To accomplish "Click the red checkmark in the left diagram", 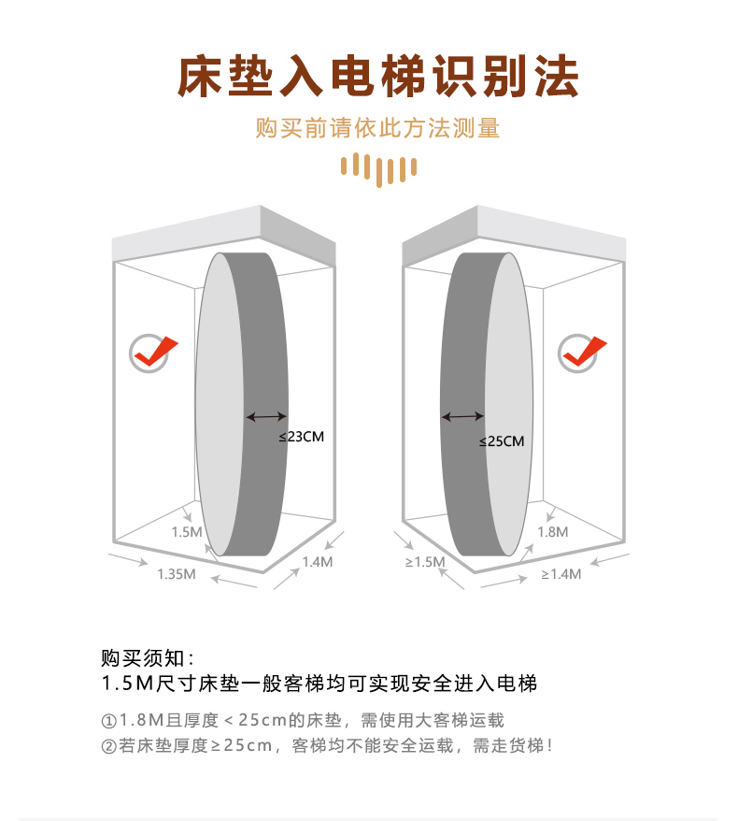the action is click(153, 353).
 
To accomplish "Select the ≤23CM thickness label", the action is click(301, 436).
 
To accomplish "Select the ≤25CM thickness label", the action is click(502, 440).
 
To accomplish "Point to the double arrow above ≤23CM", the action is click(266, 416).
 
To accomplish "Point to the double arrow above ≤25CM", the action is click(462, 416).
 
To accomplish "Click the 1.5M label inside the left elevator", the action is click(187, 531).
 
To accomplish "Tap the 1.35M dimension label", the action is click(176, 573).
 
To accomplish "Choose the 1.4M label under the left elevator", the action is click(318, 562).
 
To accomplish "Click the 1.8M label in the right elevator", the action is click(552, 531).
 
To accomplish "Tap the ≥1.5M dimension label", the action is click(424, 561).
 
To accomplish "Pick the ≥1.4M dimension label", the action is click(561, 573).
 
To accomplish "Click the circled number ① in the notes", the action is click(108, 721).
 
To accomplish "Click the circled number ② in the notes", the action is click(108, 745).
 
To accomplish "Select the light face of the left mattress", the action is click(220, 402).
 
